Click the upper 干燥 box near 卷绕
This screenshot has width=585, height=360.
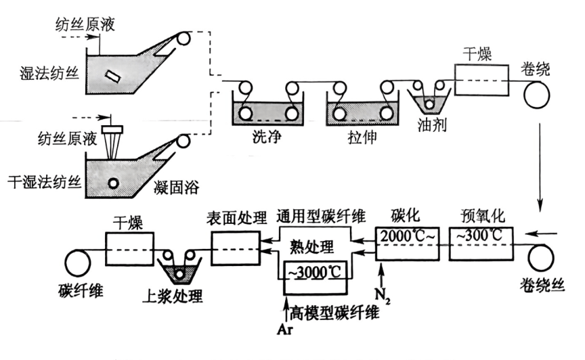(481, 81)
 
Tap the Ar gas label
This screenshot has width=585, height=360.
(284, 330)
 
